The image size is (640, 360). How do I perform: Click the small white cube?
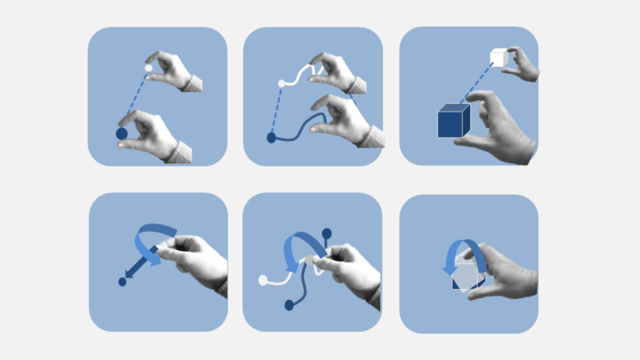[498, 57]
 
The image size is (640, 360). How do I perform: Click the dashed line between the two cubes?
[477, 82]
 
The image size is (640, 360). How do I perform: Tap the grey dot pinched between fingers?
[309, 260]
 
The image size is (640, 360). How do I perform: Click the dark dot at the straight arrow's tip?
[122, 282]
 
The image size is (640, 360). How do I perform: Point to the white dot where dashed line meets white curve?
[282, 83]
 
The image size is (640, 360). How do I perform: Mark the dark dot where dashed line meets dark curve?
[271, 137]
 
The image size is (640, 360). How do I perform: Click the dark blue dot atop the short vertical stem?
[327, 233]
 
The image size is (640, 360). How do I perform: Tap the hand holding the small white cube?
[523, 65]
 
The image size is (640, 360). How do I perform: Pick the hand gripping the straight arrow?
[196, 258]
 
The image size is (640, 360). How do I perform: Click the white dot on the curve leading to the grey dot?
[263, 280]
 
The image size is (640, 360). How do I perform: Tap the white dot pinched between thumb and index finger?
[148, 68]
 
